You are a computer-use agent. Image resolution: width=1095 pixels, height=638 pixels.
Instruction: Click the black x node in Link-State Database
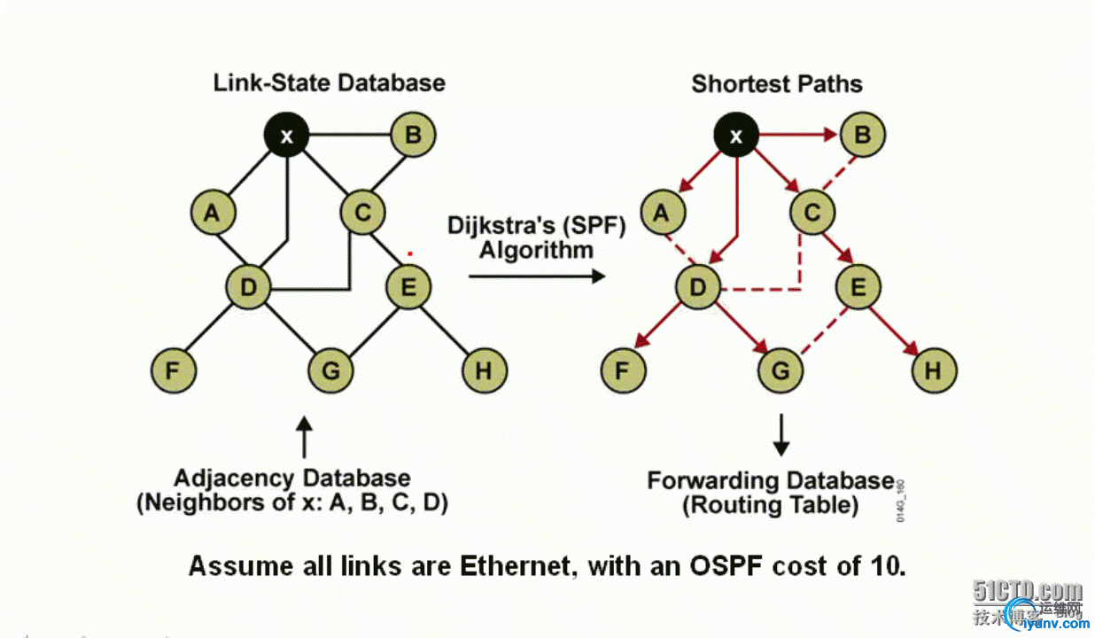(287, 136)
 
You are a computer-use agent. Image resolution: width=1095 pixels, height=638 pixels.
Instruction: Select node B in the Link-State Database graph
(412, 136)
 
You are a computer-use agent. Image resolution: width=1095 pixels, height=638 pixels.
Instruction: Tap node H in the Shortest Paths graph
(933, 370)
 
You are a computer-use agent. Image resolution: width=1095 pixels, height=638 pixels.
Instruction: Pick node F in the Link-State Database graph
(174, 370)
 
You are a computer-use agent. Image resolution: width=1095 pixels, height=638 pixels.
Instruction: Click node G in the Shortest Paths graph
(780, 370)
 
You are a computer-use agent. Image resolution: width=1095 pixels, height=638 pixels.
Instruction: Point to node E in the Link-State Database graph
(408, 287)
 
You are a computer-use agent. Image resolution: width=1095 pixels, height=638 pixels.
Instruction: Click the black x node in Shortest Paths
(736, 136)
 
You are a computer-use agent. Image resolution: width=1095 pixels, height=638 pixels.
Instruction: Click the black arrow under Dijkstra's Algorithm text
(536, 276)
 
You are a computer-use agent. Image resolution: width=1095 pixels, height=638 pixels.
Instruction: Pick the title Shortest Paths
(777, 84)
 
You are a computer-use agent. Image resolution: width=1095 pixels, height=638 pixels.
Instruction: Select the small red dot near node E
(409, 253)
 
